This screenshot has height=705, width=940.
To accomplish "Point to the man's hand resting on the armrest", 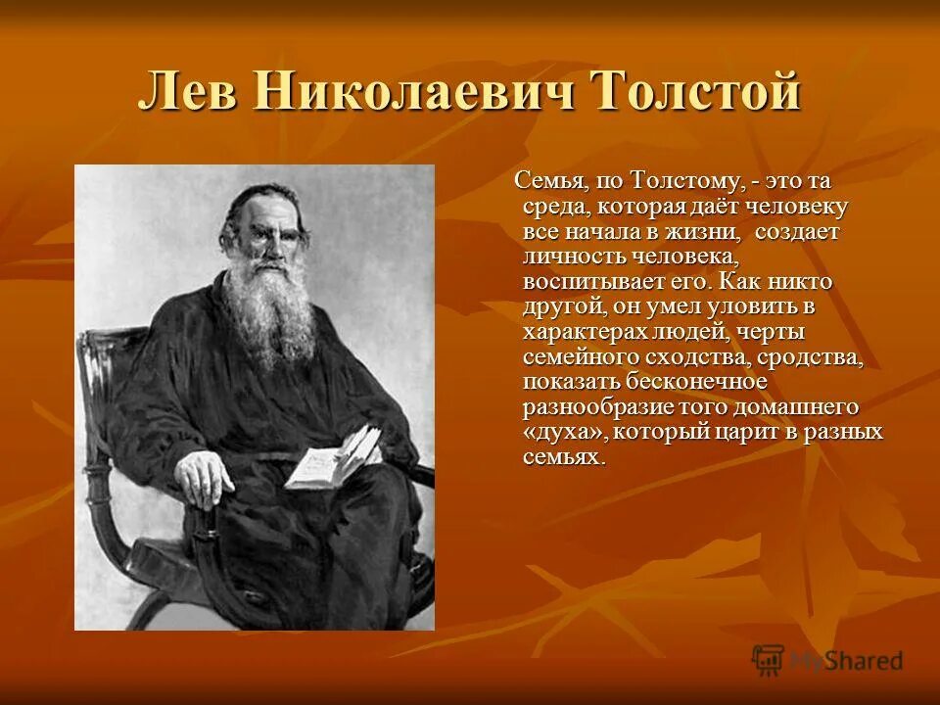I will tap(209, 477).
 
